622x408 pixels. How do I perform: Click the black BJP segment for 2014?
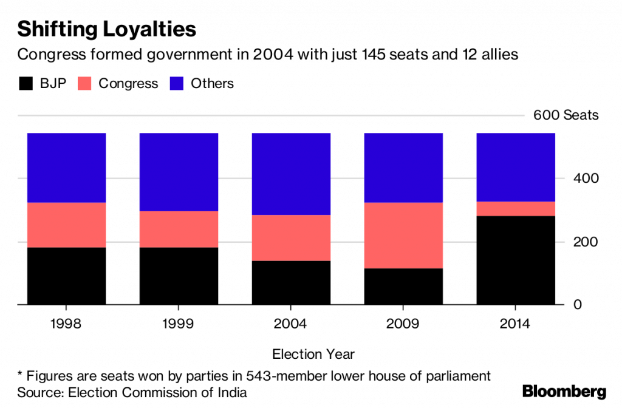click(516, 260)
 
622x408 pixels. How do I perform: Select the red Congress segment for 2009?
click(403, 235)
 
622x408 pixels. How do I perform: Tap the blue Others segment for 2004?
click(291, 174)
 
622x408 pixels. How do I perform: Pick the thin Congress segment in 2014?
click(516, 208)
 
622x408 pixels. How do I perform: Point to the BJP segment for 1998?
click(67, 276)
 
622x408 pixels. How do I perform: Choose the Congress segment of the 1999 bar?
click(179, 229)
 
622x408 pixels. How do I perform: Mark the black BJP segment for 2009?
click(403, 286)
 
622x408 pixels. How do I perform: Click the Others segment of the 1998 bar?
click(67, 168)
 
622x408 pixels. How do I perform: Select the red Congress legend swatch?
click(84, 84)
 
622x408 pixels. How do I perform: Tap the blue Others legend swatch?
click(177, 84)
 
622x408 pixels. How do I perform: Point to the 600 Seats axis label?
click(566, 115)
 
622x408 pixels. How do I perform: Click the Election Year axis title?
click(313, 354)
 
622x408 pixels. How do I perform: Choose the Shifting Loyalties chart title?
click(106, 29)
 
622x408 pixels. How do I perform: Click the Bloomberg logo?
click(564, 391)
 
